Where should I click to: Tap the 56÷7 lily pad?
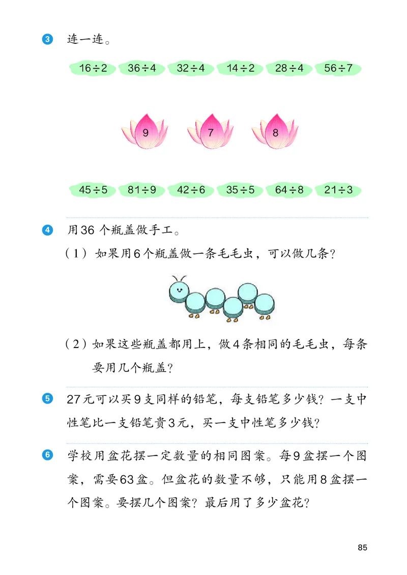tap(338, 68)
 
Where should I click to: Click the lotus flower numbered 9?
tap(145, 133)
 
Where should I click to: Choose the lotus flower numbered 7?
tap(211, 133)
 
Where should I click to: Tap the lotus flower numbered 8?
tap(275, 133)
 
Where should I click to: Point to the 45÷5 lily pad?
tap(93, 190)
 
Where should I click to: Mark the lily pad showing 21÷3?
tap(338, 190)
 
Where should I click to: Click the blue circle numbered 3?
tap(47, 39)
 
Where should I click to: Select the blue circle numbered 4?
tap(47, 231)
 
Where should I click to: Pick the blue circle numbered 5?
tap(47, 399)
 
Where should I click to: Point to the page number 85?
tap(362, 548)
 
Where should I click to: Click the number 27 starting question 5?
tap(74, 400)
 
